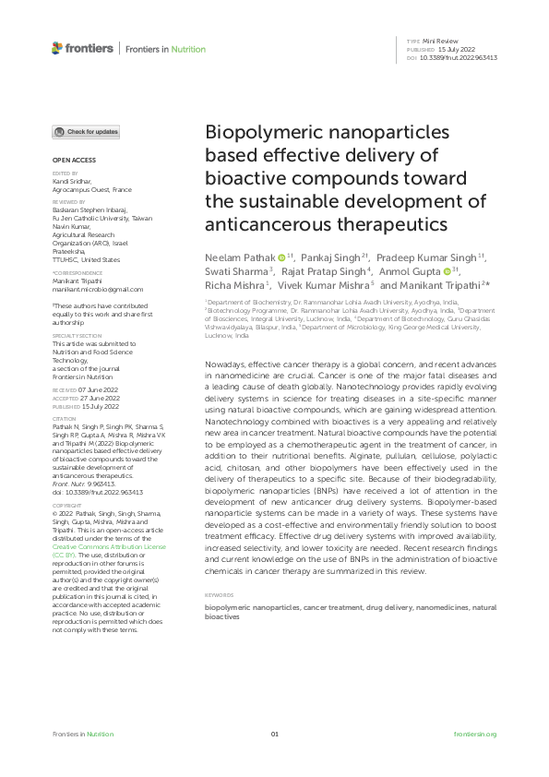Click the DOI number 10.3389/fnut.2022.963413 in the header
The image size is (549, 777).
459,57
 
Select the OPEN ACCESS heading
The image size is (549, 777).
67,160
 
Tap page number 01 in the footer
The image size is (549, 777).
274,734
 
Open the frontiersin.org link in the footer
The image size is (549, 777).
476,734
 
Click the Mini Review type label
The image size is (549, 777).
446,42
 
